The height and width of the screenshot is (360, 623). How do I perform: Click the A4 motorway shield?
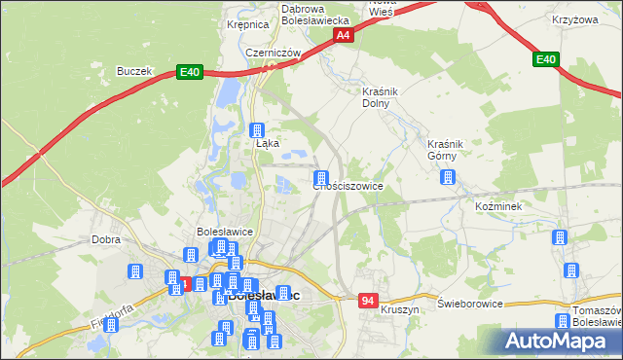pyautogui.click(x=343, y=35)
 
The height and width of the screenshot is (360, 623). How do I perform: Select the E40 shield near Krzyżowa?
pyautogui.click(x=546, y=60)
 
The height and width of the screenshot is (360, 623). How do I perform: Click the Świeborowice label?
pyautogui.click(x=469, y=304)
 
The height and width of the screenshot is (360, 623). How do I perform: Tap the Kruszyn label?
pyautogui.click(x=400, y=308)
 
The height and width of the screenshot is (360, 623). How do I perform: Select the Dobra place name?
pyautogui.click(x=105, y=238)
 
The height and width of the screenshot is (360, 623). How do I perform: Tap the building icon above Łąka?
pyautogui.click(x=258, y=130)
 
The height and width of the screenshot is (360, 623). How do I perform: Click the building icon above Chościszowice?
pyautogui.click(x=320, y=179)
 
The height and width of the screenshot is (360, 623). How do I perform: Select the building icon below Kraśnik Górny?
pyautogui.click(x=448, y=177)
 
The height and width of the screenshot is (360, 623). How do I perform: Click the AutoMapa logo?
pyautogui.click(x=562, y=341)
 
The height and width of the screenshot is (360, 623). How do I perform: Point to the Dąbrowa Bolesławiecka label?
pyautogui.click(x=314, y=14)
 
